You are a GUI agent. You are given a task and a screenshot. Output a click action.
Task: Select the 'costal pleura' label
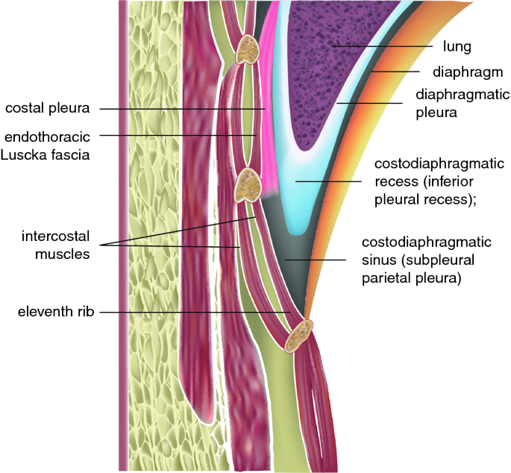click(47, 109)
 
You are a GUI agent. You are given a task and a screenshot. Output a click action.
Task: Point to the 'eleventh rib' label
click(53, 311)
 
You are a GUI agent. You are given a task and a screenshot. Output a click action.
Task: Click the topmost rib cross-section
click(246, 51)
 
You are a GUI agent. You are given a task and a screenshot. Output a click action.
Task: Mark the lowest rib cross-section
click(300, 335)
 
